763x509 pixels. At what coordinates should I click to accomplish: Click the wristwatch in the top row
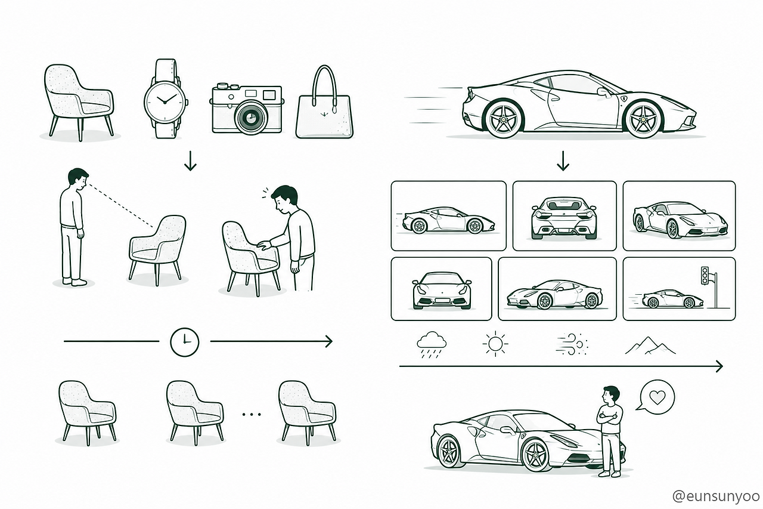(x=166, y=99)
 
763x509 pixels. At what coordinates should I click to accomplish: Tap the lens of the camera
(x=251, y=118)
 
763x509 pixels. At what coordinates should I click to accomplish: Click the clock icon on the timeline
(x=185, y=342)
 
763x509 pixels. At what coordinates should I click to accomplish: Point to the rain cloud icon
(x=432, y=344)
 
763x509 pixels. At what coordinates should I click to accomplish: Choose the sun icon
(x=495, y=344)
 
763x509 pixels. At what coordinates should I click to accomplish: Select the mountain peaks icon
(x=650, y=345)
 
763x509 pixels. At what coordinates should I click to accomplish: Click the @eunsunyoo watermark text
(x=717, y=496)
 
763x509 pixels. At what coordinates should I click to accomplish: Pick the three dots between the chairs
(x=252, y=415)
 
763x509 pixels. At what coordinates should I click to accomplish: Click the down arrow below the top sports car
(x=563, y=161)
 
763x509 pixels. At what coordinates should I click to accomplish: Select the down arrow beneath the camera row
(x=190, y=161)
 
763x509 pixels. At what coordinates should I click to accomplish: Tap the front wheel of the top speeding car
(x=644, y=119)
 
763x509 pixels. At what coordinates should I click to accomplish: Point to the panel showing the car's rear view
(x=565, y=216)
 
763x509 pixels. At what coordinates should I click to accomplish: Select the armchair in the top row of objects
(x=79, y=102)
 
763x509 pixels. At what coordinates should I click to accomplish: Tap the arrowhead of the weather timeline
(x=719, y=366)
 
